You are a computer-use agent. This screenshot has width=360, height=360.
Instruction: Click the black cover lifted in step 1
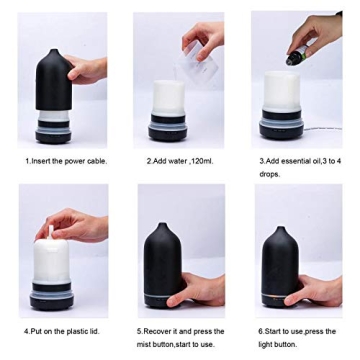52,75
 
